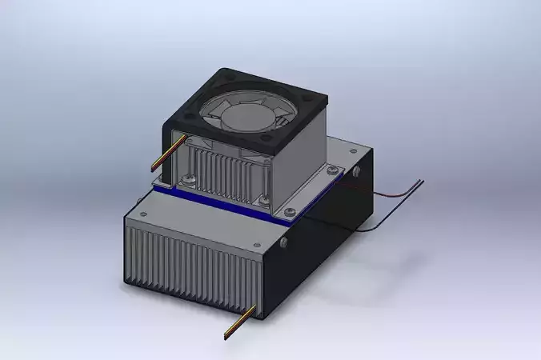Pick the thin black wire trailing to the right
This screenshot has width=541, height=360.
(400, 209)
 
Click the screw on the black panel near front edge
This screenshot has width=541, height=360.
(285, 242)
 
